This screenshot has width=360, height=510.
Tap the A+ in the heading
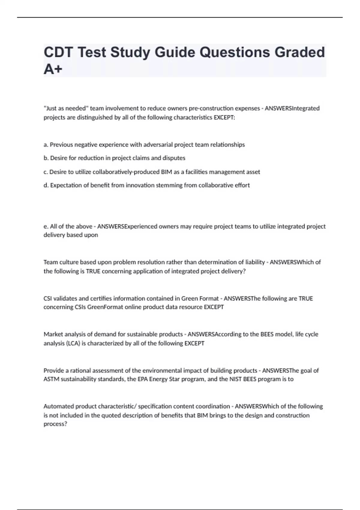pyautogui.click(x=53, y=69)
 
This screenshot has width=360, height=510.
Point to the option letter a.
pyautogui.click(x=46, y=145)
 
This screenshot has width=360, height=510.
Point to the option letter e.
pyautogui.click(x=46, y=226)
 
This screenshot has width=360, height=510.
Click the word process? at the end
pyautogui.click(x=55, y=424)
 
